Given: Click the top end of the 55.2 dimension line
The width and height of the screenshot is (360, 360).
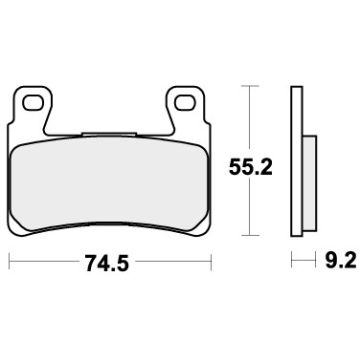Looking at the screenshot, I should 247,88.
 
